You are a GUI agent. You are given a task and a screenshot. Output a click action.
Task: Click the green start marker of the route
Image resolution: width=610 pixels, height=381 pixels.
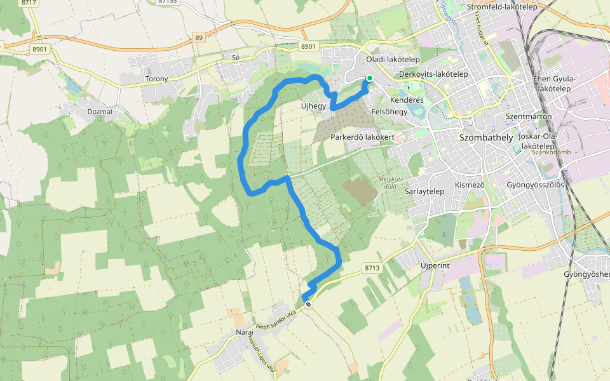369,79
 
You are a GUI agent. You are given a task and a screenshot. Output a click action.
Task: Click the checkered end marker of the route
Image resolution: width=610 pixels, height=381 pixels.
308,304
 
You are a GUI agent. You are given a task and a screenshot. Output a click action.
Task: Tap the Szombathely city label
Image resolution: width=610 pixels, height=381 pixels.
485,137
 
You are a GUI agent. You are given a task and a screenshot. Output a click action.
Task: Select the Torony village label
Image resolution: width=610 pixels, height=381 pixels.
156,79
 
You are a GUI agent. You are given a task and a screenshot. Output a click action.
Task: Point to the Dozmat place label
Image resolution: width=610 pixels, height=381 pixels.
100,111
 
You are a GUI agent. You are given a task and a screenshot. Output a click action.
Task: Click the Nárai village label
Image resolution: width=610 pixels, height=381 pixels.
245,332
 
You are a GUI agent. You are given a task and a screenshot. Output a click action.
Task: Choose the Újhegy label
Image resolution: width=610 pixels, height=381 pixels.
313,106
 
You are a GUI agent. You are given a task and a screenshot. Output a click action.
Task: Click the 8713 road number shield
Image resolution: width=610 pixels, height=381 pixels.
372,268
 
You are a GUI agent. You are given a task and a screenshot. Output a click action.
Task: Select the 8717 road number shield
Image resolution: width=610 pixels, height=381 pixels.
29,3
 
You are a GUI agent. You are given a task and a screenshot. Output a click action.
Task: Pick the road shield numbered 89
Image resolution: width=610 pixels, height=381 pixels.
200,38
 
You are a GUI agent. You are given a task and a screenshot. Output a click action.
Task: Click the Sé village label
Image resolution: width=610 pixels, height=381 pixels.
236,57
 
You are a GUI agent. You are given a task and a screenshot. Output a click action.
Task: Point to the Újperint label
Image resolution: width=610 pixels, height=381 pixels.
435,265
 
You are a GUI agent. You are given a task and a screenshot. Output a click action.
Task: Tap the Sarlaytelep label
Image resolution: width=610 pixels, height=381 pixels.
424,190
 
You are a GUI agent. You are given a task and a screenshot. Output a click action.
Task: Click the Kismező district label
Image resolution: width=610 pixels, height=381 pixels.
470,185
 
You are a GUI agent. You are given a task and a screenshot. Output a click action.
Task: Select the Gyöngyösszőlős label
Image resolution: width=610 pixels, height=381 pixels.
536,185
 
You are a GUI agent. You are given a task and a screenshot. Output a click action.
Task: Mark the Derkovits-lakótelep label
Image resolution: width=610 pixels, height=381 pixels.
433,74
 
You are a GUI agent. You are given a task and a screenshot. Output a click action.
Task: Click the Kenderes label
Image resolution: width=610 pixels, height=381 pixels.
407,100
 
